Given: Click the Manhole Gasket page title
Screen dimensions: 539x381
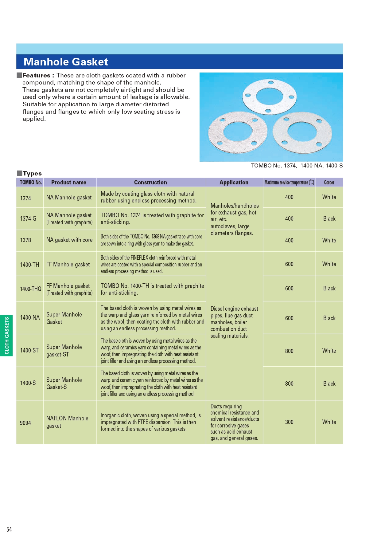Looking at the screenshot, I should tap(66, 62).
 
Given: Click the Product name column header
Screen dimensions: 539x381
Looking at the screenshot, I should tap(69, 182).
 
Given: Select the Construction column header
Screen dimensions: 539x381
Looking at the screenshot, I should tap(150, 182).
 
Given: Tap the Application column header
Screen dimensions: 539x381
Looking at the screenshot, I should tap(234, 182).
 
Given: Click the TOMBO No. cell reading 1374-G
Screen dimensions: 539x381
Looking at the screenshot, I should tap(28, 218).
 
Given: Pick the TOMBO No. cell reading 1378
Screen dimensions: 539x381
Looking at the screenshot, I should tap(25, 240).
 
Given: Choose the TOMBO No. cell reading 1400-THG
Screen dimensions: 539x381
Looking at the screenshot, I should tap(30, 289).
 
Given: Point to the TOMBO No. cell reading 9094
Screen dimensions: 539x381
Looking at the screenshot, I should tap(25, 423).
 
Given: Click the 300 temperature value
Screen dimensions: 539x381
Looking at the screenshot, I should tap(289, 422).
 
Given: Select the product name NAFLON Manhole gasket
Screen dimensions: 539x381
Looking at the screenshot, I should tap(67, 422).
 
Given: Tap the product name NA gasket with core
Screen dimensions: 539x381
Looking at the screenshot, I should tap(69, 240).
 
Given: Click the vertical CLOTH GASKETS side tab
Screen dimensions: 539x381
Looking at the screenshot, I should tap(6, 336).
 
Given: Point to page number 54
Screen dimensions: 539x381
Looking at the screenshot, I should tap(9, 529).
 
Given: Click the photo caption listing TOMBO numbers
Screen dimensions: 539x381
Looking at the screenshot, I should tap(297, 166).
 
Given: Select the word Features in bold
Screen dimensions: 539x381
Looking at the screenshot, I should tap(36, 75).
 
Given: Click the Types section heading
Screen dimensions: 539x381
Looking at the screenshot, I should tap(32, 173).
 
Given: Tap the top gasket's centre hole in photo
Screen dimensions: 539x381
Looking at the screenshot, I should tap(269, 96).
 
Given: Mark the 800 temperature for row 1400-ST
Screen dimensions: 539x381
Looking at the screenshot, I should tap(289, 351).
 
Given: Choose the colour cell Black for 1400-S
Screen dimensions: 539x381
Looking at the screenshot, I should tap(329, 384).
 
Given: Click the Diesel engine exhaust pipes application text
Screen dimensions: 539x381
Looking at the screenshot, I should tap(234, 322).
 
